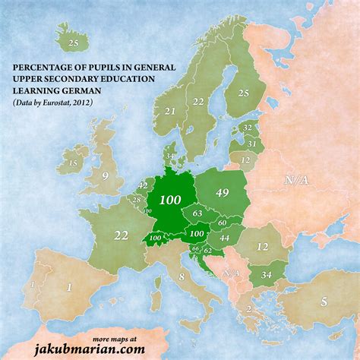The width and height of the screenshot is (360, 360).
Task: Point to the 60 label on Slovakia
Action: pyautogui.click(x=222, y=223)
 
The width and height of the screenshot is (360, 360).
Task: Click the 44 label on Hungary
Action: pyautogui.click(x=225, y=238)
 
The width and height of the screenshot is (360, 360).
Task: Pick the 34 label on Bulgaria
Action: pyautogui.click(x=266, y=274)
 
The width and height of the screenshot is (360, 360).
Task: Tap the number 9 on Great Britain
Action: pyautogui.click(x=106, y=176)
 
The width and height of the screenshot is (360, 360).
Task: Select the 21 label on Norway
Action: pyautogui.click(x=170, y=112)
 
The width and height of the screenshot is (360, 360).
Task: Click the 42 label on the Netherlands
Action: pyautogui.click(x=143, y=185)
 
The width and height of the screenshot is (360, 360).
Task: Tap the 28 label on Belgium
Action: pyautogui.click(x=137, y=200)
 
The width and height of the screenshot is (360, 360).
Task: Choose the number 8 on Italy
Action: pyautogui.click(x=182, y=277)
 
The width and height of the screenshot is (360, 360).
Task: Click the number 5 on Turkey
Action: pyautogui.click(x=324, y=301)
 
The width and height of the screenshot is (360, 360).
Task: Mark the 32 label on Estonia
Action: pyautogui.click(x=247, y=128)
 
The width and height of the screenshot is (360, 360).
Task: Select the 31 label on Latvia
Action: pyautogui.click(x=251, y=144)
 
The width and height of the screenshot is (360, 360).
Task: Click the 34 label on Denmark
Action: pyautogui.click(x=169, y=156)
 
